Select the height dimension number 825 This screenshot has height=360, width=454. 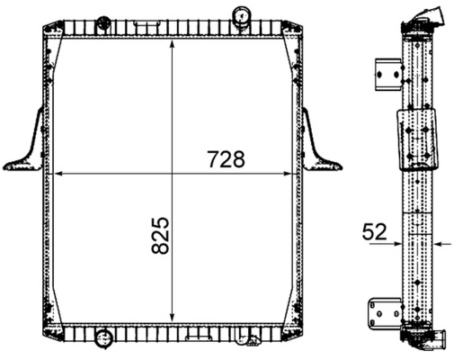(x=160, y=234)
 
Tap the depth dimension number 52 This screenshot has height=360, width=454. (x=375, y=231)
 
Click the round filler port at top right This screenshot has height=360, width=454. (x=242, y=15)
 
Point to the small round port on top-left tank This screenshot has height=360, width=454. (x=102, y=20)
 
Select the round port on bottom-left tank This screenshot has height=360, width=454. (x=102, y=340)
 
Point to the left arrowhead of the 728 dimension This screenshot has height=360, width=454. (x=56, y=173)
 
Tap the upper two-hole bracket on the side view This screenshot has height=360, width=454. (x=387, y=76)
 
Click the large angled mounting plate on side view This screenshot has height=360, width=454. (x=415, y=140)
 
